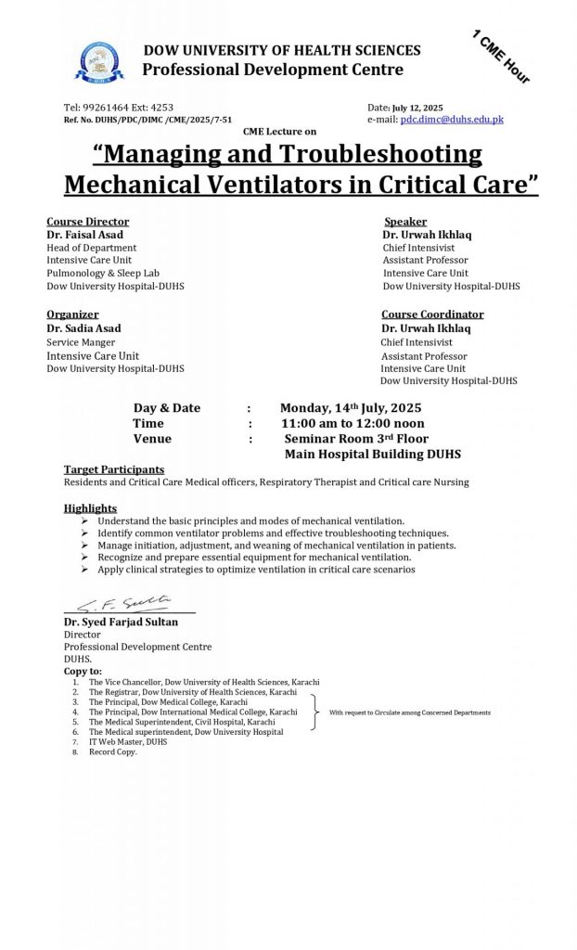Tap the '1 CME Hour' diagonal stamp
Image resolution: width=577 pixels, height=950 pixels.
[x=500, y=58]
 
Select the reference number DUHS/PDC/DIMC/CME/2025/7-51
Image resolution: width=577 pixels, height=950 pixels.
[x=166, y=120]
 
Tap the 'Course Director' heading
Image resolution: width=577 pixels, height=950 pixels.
[x=88, y=222]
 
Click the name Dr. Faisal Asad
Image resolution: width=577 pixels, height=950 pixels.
[x=86, y=235]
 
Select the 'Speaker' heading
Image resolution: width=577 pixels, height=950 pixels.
[x=405, y=222]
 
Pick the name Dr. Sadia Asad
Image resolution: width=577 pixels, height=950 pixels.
[x=84, y=327]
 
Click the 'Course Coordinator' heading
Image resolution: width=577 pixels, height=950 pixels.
[x=432, y=315]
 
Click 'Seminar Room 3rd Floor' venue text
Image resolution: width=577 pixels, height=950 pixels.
[x=356, y=439]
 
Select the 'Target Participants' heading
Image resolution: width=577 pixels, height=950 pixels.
[x=114, y=469]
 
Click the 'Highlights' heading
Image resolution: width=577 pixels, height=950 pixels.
[x=90, y=508]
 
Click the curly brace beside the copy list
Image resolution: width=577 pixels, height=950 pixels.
[x=314, y=712]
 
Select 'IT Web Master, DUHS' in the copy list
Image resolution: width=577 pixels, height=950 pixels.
[x=128, y=742]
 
